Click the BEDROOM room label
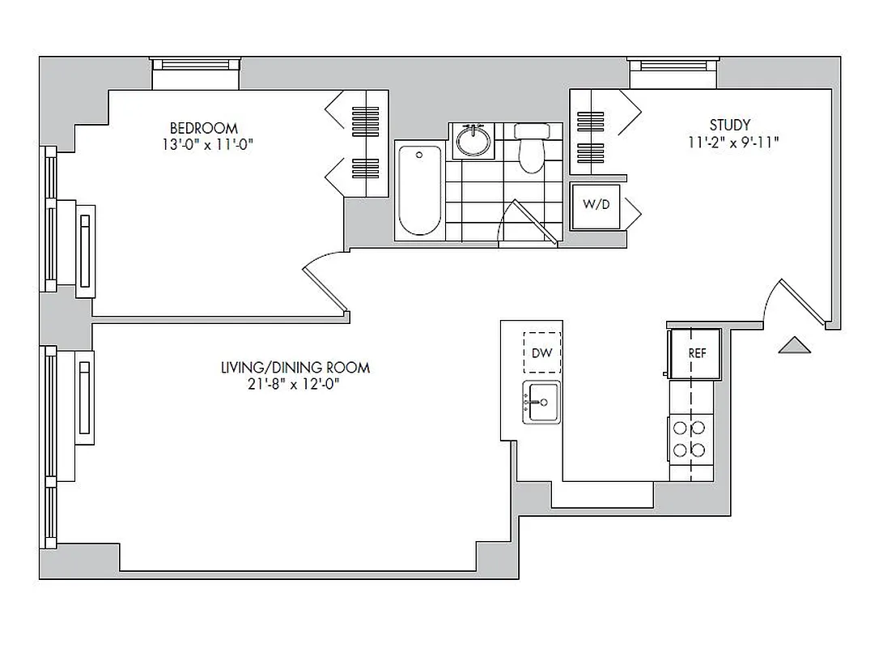(203, 128)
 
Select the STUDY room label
(729, 125)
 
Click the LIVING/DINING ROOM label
(295, 368)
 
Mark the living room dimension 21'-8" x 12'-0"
(295, 385)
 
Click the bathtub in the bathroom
(419, 190)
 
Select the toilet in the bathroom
(531, 147)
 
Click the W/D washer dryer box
(596, 205)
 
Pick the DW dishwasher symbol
(541, 352)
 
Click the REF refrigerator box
(696, 353)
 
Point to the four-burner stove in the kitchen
(690, 439)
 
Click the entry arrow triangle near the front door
(793, 346)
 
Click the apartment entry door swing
(797, 301)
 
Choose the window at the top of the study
(673, 73)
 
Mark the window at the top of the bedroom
(196, 74)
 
